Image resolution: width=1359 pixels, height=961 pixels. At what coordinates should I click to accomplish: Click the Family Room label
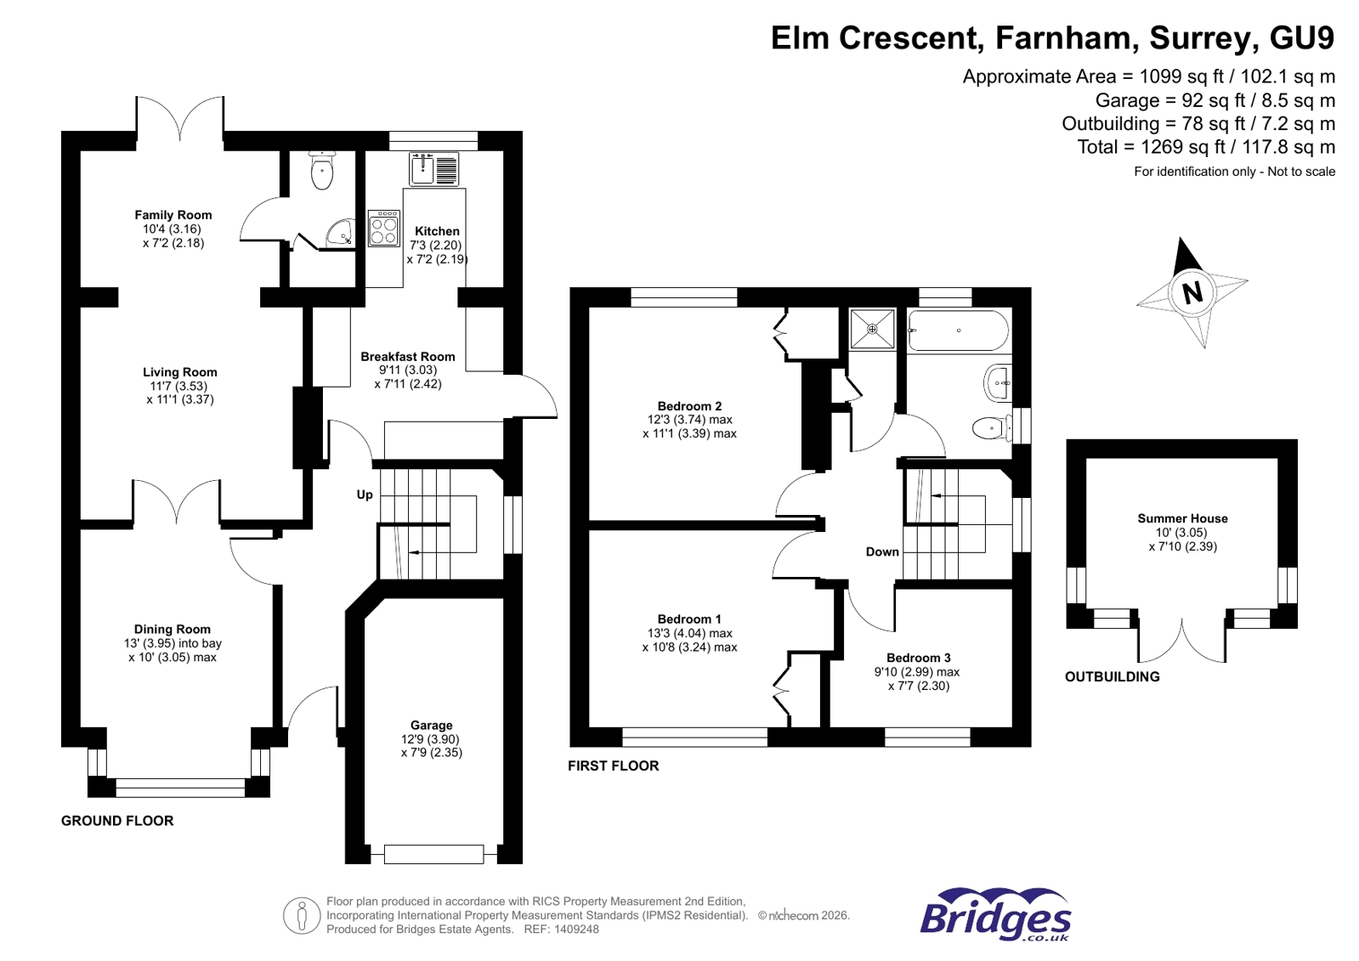[x=173, y=215]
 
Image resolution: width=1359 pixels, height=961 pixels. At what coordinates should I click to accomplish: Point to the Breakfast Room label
[x=407, y=357]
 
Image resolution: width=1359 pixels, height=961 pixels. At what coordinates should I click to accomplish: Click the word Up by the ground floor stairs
[x=365, y=495]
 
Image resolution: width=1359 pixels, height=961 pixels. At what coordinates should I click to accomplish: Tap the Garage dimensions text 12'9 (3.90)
[x=431, y=739]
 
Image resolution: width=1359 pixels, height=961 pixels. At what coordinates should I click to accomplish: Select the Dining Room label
[x=172, y=630]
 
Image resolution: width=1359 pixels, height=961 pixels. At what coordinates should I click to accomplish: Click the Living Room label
[x=179, y=372]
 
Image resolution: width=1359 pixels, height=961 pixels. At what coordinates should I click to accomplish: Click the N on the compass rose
[x=1192, y=292]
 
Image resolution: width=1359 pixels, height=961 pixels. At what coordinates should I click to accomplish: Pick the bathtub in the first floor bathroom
[x=958, y=331]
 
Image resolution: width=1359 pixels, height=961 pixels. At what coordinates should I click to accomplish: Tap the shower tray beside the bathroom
[x=872, y=329]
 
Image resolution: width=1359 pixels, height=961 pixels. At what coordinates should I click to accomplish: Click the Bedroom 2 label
[x=689, y=406]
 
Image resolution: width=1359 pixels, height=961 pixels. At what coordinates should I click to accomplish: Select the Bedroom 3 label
[x=918, y=658]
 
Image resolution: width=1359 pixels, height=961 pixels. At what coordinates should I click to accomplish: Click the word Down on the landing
[x=882, y=551]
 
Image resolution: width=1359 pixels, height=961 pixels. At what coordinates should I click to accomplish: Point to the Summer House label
[x=1182, y=518]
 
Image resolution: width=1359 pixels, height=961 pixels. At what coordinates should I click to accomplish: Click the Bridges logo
[x=995, y=914]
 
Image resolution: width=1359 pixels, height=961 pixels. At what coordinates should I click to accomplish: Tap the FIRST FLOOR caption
[x=613, y=766]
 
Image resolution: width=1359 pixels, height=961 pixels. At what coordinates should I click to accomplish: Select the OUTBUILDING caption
[x=1112, y=676]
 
